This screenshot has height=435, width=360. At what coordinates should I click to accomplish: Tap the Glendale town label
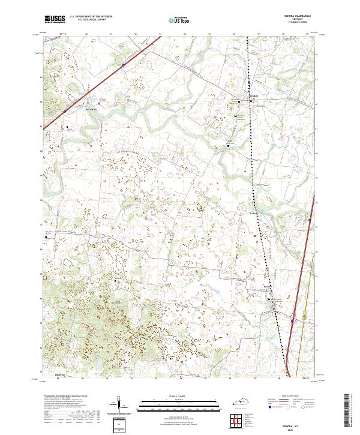click(x=254, y=96)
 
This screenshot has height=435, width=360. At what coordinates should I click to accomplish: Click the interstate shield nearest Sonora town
click(x=292, y=321)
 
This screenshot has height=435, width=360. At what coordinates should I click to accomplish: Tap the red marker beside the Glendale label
click(x=251, y=102)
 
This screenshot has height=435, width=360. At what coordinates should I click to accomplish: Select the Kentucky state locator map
click(x=247, y=401)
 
